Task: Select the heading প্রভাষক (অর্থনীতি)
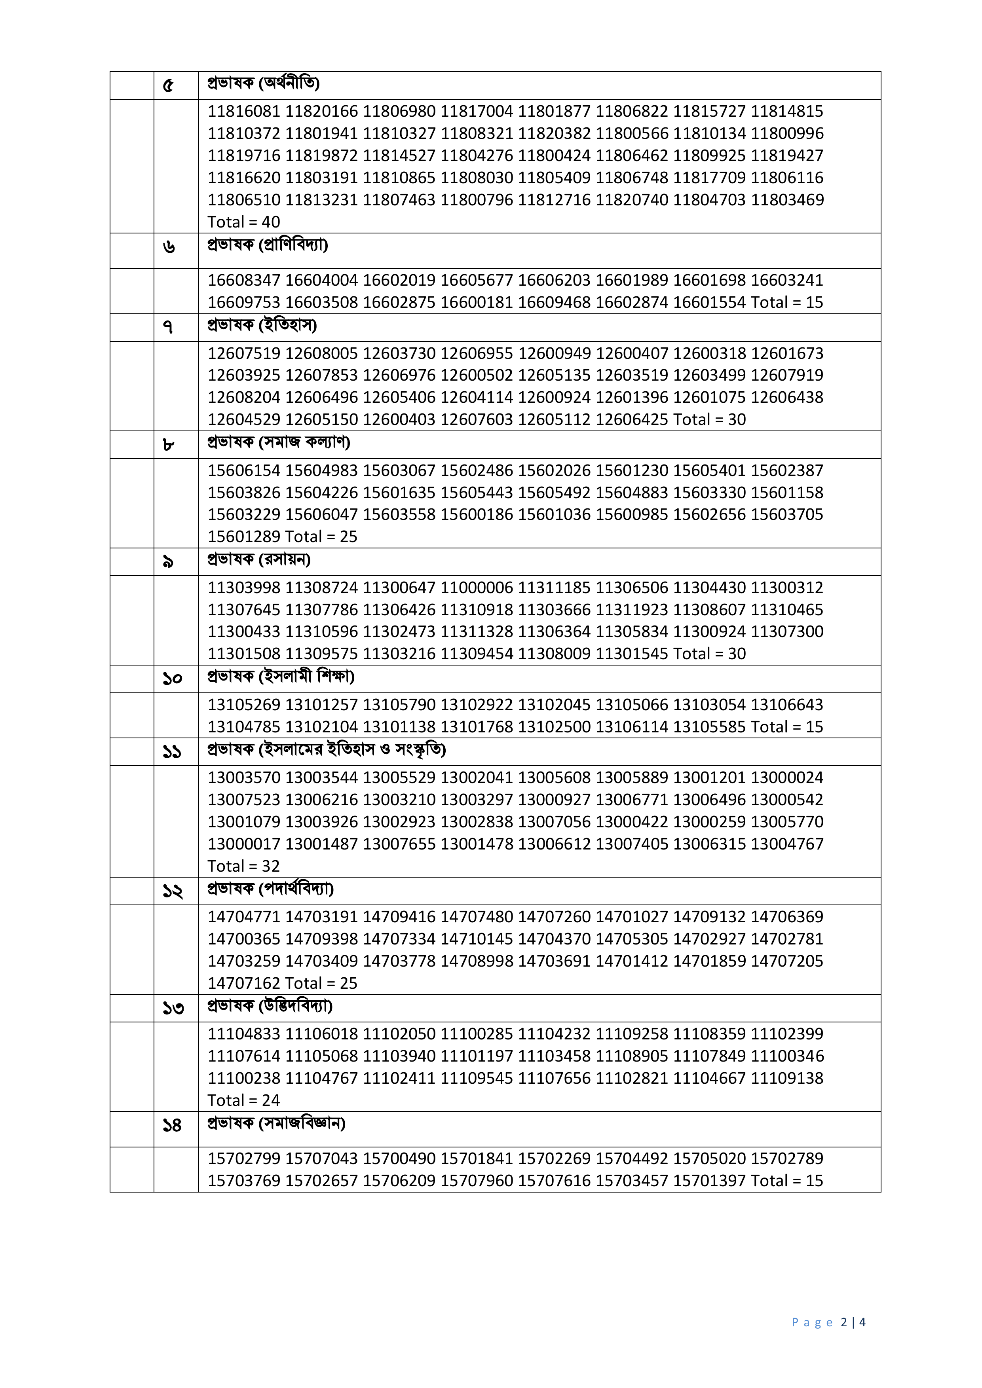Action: pos(263,83)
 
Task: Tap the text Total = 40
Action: pos(244,222)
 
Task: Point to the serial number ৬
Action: pos(169,247)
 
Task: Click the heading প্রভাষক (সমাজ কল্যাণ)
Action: pos(279,442)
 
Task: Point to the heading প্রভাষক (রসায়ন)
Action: pos(259,560)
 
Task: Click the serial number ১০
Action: pos(172,679)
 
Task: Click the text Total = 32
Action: pos(244,866)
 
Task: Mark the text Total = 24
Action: pos(244,1100)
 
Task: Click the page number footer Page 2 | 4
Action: pos(828,1322)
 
